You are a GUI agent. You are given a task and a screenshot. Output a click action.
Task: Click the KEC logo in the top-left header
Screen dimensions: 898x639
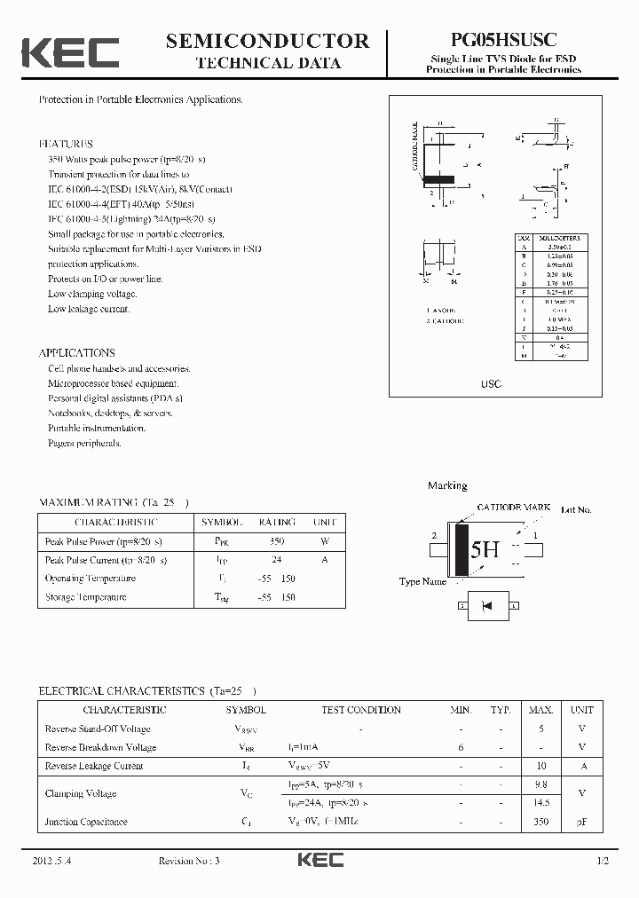pyautogui.click(x=70, y=52)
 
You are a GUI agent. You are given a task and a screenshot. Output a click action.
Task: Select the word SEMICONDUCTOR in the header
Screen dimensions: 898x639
pyautogui.click(x=267, y=41)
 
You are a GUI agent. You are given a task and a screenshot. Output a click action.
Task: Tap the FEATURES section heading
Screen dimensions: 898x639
pyautogui.click(x=66, y=144)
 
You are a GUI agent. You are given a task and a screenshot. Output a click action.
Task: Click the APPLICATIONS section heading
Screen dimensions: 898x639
pyautogui.click(x=76, y=352)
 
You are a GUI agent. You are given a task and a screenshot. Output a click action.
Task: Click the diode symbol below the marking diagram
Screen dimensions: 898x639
pyautogui.click(x=485, y=606)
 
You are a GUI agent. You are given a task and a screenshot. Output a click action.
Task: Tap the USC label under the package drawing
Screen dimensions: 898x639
pyautogui.click(x=491, y=383)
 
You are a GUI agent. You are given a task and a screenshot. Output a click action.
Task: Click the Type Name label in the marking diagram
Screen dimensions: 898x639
pyautogui.click(x=422, y=582)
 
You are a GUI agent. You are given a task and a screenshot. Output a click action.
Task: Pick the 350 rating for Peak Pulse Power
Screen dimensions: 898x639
pyautogui.click(x=277, y=541)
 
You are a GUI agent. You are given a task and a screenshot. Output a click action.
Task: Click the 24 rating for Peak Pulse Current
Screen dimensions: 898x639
pyautogui.click(x=277, y=560)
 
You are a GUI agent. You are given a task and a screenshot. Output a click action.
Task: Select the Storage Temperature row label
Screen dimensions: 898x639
pyautogui.click(x=86, y=597)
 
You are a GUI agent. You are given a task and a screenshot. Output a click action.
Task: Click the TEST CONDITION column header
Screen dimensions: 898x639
pyautogui.click(x=361, y=710)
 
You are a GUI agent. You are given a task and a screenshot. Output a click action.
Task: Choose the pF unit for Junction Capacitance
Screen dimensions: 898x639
pyautogui.click(x=581, y=822)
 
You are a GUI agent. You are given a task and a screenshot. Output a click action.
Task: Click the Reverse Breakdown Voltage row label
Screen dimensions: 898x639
pyautogui.click(x=100, y=747)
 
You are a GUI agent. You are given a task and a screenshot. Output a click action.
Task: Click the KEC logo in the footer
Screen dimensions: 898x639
pyautogui.click(x=319, y=861)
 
